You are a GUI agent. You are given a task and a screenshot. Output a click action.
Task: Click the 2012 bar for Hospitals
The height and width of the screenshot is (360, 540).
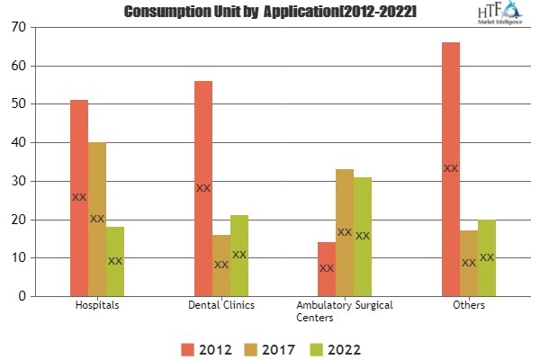pos(79,198)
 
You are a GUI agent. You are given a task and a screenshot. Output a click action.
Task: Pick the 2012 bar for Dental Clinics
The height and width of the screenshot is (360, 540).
pos(203,188)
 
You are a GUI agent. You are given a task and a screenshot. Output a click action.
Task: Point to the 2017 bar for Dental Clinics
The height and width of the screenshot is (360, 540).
pos(221,265)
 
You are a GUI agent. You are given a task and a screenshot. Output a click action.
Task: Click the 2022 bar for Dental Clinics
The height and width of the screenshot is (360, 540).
pos(239,256)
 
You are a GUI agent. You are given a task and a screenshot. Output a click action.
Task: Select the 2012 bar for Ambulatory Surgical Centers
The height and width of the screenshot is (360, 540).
pos(327,269)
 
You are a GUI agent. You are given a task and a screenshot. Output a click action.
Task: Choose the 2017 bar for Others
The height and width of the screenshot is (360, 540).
pos(469,263)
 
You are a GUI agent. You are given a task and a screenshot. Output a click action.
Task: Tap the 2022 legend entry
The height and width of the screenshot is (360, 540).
pos(337,346)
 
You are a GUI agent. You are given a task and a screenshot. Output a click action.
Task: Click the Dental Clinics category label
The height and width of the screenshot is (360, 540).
pos(221,306)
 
